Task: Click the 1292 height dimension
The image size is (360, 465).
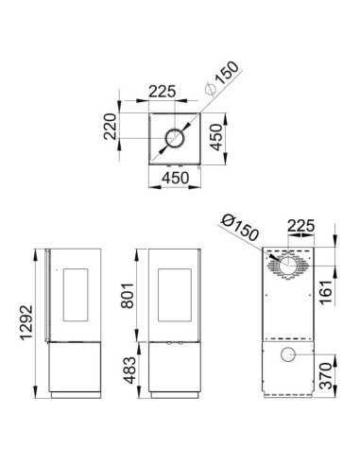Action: (26, 322)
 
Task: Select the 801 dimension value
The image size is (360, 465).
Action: (128, 295)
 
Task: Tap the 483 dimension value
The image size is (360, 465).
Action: (129, 370)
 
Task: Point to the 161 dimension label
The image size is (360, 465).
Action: (326, 291)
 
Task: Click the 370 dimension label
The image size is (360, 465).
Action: (326, 375)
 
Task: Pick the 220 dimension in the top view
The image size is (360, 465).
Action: (111, 127)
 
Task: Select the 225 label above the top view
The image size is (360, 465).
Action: (162, 92)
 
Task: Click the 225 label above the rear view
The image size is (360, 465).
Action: (301, 226)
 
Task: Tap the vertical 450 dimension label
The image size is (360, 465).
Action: (216, 137)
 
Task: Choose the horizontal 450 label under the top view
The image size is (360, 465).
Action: (176, 178)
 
